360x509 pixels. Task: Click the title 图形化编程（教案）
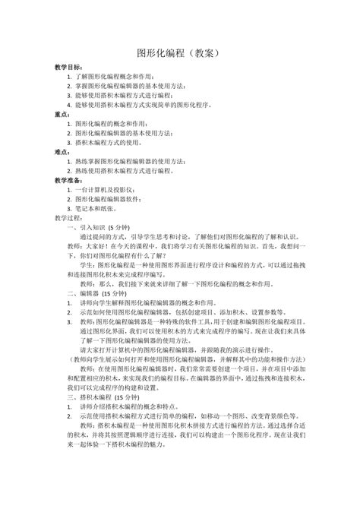pyautogui.click(x=179, y=54)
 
